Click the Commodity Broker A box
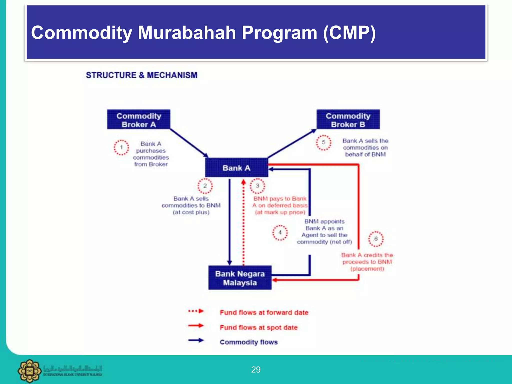tap(139, 119)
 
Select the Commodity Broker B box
tap(348, 119)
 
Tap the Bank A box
tap(236, 168)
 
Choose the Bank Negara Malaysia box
tap(240, 278)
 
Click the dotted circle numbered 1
tap(121, 147)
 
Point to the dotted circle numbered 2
tap(205, 186)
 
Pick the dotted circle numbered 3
tap(257, 186)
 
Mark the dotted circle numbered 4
tap(280, 232)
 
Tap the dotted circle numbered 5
tap(323, 142)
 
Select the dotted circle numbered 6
tap(376, 239)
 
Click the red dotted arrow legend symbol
tap(196, 311)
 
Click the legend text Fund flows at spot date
tap(258, 327)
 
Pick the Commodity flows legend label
tap(248, 342)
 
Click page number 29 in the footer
tap(256, 369)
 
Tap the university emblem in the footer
tap(29, 371)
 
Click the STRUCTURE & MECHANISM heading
tap(141, 75)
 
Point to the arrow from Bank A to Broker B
tap(292, 143)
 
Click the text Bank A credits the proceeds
tap(367, 258)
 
